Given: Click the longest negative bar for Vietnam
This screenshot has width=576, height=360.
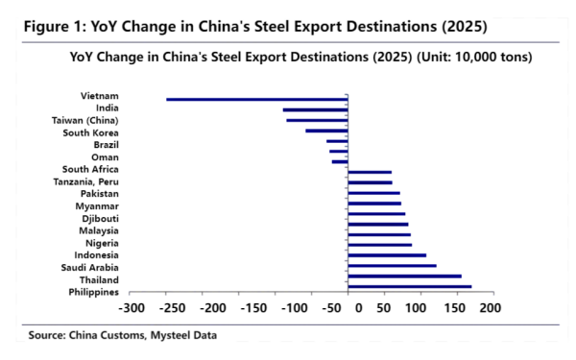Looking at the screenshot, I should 256,99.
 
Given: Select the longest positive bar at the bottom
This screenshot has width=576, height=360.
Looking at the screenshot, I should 409,286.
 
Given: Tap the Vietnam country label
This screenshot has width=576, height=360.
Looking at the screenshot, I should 100,95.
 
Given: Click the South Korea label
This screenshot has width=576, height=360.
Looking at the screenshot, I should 90,132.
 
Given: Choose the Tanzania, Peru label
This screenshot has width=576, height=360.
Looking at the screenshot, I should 85,181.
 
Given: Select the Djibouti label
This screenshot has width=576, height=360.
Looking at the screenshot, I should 101,218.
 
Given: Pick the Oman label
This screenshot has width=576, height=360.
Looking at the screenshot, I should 105,156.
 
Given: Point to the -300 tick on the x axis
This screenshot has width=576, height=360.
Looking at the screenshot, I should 131,309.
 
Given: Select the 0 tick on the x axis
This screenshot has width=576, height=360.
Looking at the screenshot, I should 359,309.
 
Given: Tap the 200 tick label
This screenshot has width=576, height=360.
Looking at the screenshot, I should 490,309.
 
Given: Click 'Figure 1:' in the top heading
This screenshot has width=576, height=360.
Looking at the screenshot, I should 54,25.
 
